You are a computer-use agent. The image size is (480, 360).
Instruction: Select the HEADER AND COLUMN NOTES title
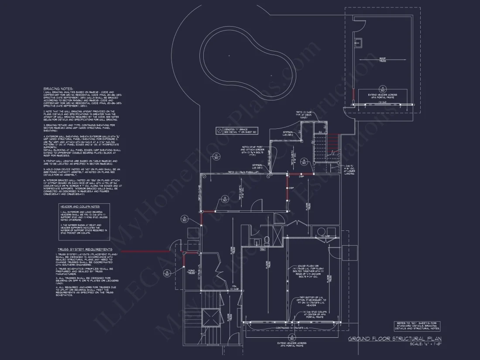[80, 206]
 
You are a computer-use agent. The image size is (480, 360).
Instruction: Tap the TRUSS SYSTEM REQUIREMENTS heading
[82, 249]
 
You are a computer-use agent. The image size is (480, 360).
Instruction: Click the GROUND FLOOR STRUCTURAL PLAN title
[394, 339]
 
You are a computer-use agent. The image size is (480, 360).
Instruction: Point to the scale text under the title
[426, 344]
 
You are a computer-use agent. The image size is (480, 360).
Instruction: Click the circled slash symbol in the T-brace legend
[219, 130]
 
